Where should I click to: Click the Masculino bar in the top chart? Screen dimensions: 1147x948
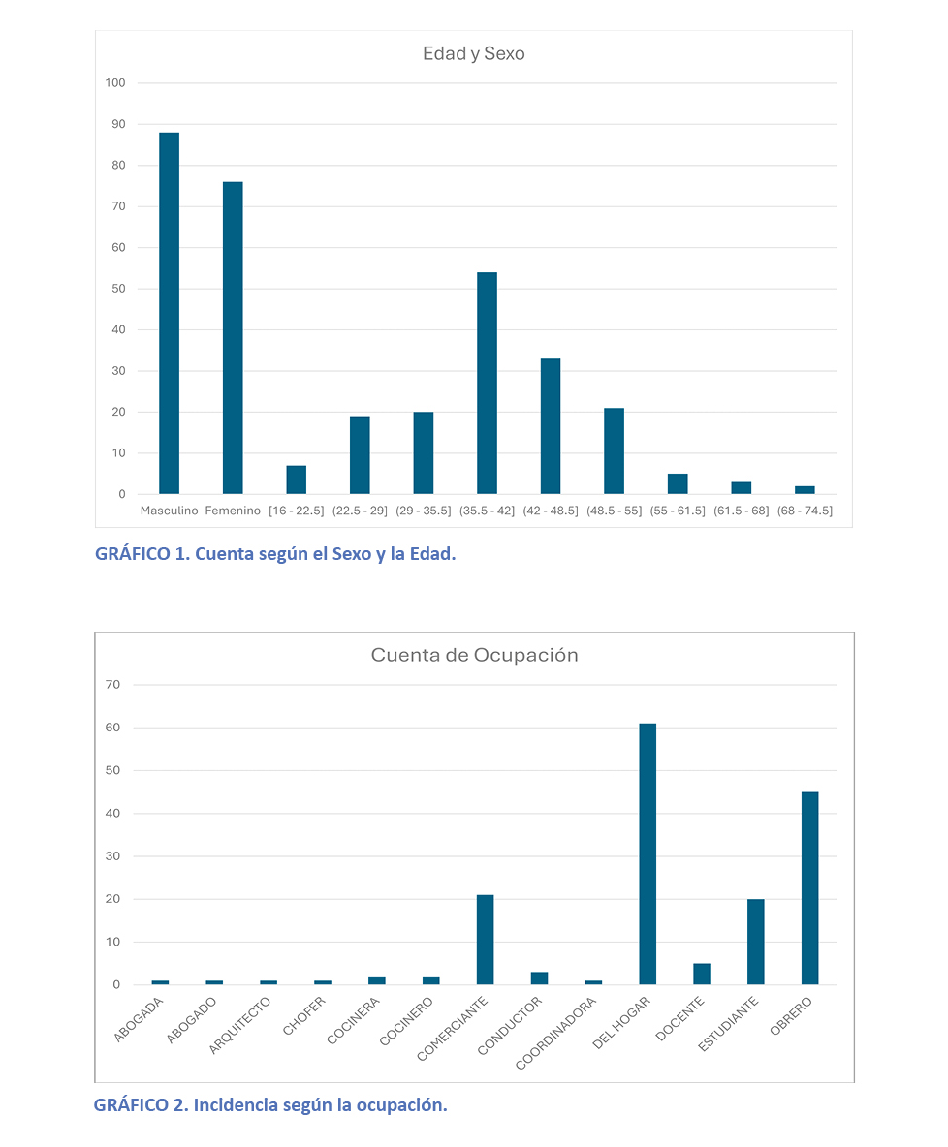(x=169, y=313)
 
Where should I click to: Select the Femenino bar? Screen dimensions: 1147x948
(x=233, y=338)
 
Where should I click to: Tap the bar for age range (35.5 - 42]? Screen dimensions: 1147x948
(x=487, y=383)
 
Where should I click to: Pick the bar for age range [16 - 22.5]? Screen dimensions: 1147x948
(x=297, y=480)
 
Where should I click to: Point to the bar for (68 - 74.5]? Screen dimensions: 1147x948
(x=805, y=490)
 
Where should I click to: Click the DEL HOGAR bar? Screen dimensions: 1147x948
(x=648, y=853)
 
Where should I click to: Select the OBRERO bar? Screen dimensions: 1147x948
(x=809, y=887)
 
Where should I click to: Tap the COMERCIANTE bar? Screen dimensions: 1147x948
(x=485, y=939)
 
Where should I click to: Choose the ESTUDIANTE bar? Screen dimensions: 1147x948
(x=755, y=941)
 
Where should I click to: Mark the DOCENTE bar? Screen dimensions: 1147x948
(x=702, y=974)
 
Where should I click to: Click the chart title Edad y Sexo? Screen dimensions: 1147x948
(x=473, y=54)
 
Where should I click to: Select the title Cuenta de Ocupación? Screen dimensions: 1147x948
(x=474, y=656)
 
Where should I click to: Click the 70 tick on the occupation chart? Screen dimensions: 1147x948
(x=113, y=685)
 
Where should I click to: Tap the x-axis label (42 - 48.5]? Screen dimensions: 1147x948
(x=550, y=511)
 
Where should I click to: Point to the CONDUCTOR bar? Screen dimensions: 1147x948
(x=539, y=977)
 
